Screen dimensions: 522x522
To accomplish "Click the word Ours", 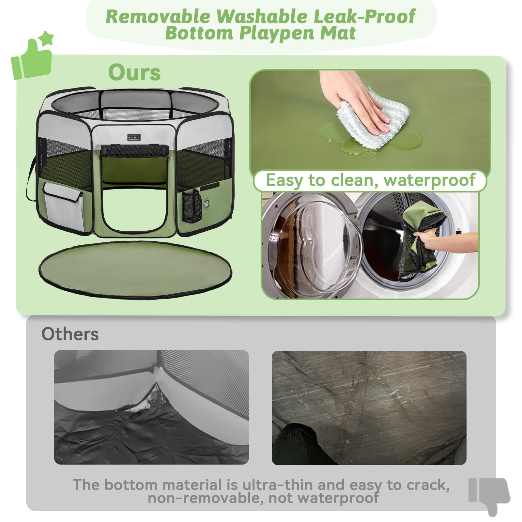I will coord(134,72).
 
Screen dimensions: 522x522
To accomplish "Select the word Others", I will coord(70,334).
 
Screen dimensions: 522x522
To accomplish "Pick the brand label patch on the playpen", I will coord(134,137).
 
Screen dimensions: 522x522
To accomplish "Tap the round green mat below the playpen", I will coord(135,269).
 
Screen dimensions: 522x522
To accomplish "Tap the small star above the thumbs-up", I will coord(48,38).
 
